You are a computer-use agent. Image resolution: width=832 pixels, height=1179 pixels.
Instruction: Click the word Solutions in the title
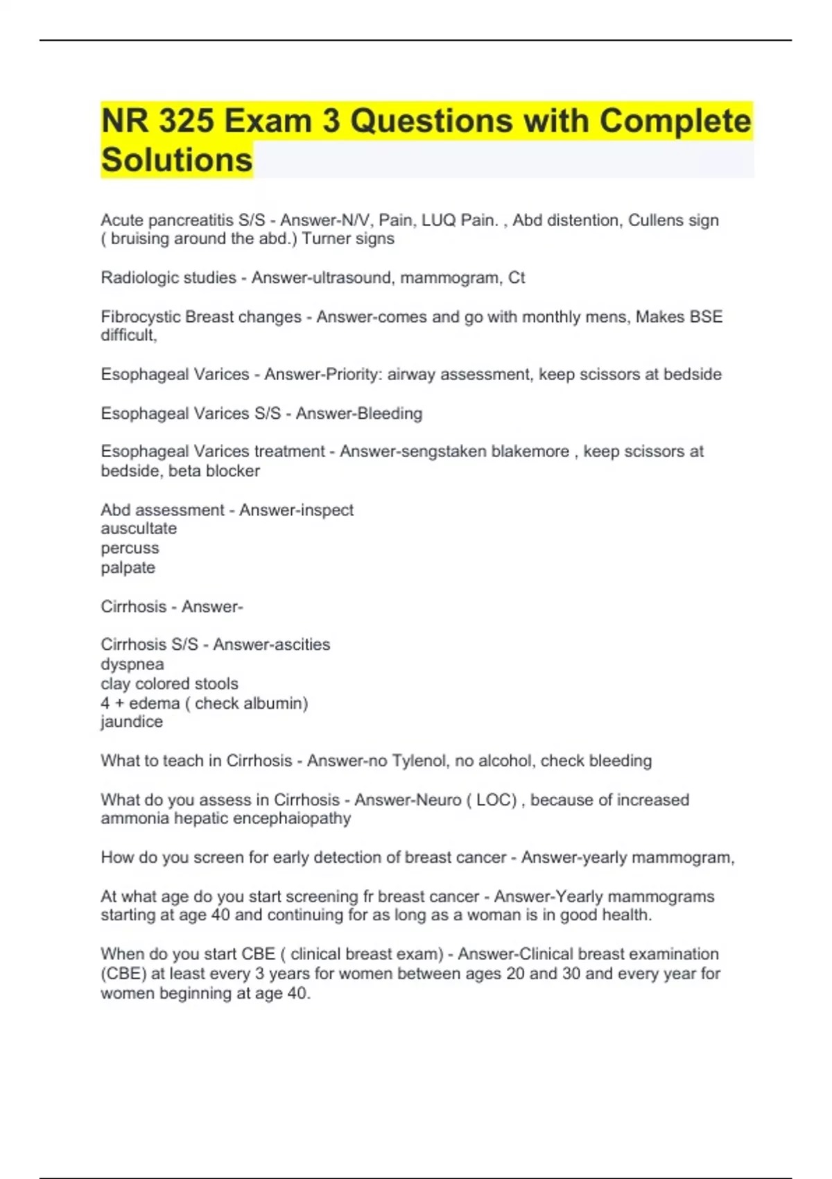177,160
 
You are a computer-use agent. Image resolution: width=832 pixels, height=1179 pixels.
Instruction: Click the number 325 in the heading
186,121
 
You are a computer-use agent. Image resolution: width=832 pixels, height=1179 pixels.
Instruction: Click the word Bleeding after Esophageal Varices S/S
389,413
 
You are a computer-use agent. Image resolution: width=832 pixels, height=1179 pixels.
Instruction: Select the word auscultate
139,528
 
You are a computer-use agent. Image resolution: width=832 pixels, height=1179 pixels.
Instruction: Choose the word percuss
130,548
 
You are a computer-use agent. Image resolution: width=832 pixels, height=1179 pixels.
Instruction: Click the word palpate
128,567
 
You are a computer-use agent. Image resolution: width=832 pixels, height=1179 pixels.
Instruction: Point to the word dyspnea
132,664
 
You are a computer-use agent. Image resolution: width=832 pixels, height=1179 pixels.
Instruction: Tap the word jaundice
132,722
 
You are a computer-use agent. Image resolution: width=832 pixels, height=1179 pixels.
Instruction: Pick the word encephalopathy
292,818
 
